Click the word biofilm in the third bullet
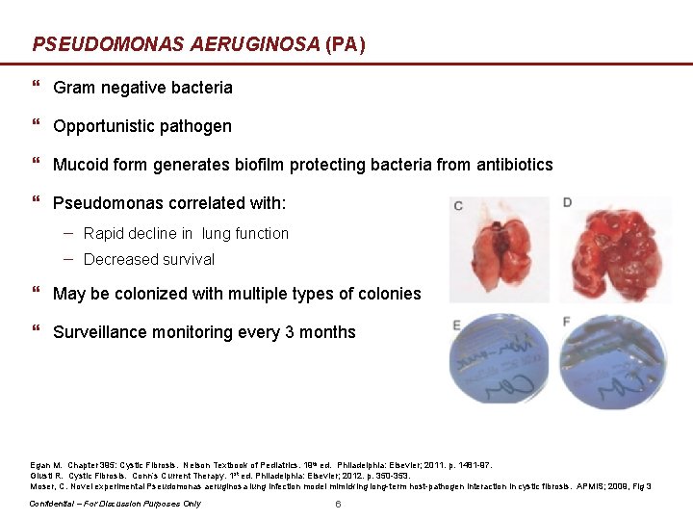click(260, 165)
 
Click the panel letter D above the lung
click(567, 202)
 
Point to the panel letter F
click(567, 321)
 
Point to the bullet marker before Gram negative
click(37, 88)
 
